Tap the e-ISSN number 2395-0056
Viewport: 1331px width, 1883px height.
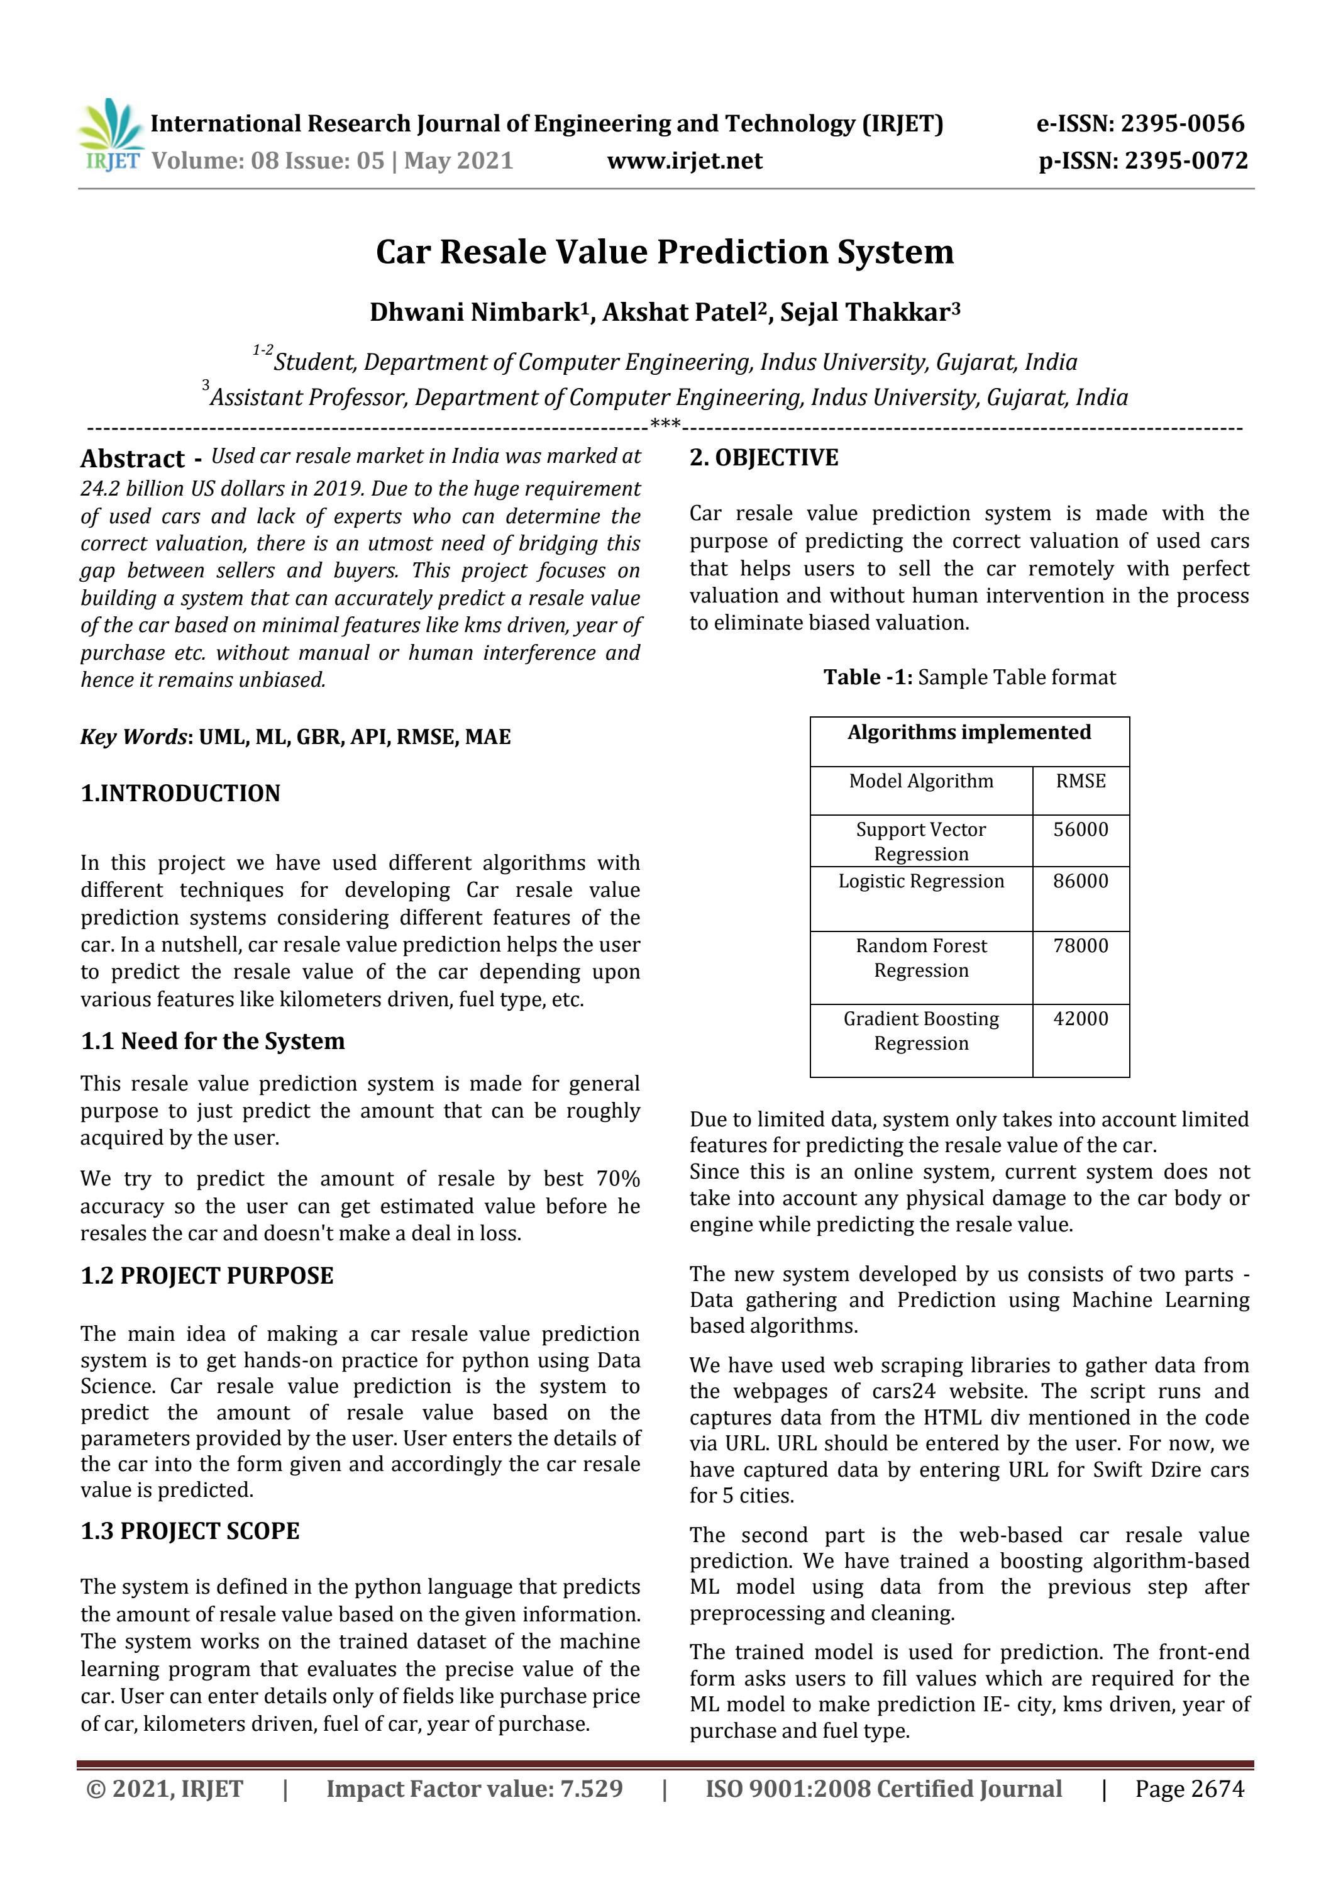pyautogui.click(x=1182, y=124)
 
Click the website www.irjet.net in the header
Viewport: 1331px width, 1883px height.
pyautogui.click(x=684, y=161)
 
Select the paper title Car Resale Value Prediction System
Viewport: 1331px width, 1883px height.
pyautogui.click(x=665, y=252)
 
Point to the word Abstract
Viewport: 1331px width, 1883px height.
pyautogui.click(x=133, y=458)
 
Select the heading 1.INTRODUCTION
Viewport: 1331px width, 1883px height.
pyautogui.click(x=180, y=793)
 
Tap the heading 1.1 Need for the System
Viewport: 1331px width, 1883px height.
pyautogui.click(x=213, y=1041)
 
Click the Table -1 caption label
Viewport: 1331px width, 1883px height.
pyautogui.click(x=867, y=677)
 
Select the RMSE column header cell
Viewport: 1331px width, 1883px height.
pyautogui.click(x=1080, y=780)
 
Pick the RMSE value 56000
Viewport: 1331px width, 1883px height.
pyautogui.click(x=1080, y=829)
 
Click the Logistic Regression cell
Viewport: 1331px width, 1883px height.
pyautogui.click(x=920, y=882)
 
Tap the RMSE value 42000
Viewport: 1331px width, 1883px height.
pyautogui.click(x=1080, y=1019)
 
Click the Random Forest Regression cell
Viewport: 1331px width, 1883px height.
pyautogui.click(x=920, y=958)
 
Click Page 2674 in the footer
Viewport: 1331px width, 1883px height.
pyautogui.click(x=1189, y=1789)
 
